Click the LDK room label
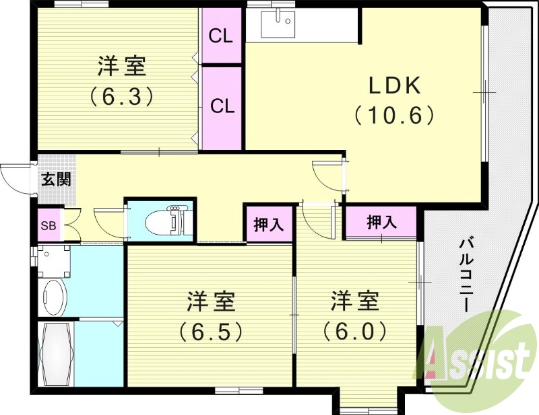395,86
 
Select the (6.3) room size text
121,96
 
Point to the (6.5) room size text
210,331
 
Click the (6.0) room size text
354,331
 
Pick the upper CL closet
221,36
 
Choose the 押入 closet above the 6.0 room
381,222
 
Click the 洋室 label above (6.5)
210,302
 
